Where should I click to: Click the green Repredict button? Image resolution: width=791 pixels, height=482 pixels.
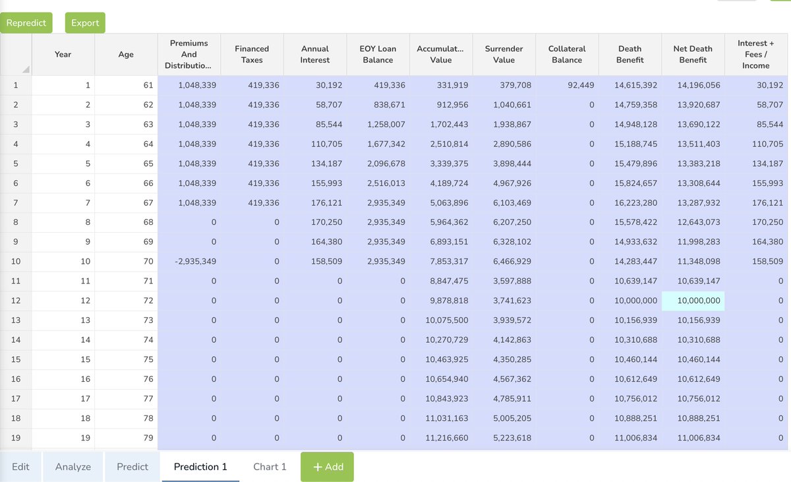pyautogui.click(x=26, y=23)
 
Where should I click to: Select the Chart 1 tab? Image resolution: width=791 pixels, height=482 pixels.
pyautogui.click(x=270, y=467)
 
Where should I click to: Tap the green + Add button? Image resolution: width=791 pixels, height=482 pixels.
pyautogui.click(x=327, y=467)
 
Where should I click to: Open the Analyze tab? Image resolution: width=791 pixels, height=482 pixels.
pyautogui.click(x=73, y=467)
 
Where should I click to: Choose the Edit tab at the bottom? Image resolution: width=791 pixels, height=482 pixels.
pyautogui.click(x=20, y=467)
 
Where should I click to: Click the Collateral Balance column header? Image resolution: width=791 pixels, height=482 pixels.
pyautogui.click(x=567, y=54)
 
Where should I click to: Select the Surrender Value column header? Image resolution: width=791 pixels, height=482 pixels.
pyautogui.click(x=504, y=54)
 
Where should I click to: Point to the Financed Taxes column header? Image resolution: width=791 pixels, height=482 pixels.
pyautogui.click(x=252, y=54)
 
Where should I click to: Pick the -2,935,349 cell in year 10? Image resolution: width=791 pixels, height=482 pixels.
pyautogui.click(x=190, y=262)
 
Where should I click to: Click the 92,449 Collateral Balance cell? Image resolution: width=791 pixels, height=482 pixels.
pyautogui.click(x=567, y=86)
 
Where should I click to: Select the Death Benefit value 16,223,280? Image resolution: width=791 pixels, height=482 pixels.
pyautogui.click(x=630, y=203)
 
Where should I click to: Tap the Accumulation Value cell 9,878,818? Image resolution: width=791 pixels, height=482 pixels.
pyautogui.click(x=441, y=301)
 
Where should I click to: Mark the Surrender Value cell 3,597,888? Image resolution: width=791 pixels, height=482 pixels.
pyautogui.click(x=504, y=282)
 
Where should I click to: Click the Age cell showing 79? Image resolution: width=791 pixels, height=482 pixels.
pyautogui.click(x=126, y=438)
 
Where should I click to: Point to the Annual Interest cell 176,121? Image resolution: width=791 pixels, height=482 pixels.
pyautogui.click(x=315, y=203)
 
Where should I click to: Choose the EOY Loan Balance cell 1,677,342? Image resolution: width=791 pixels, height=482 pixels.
pyautogui.click(x=378, y=144)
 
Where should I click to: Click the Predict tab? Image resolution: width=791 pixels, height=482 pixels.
pyautogui.click(x=132, y=467)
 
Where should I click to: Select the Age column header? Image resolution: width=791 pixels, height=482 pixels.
pyautogui.click(x=126, y=54)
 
